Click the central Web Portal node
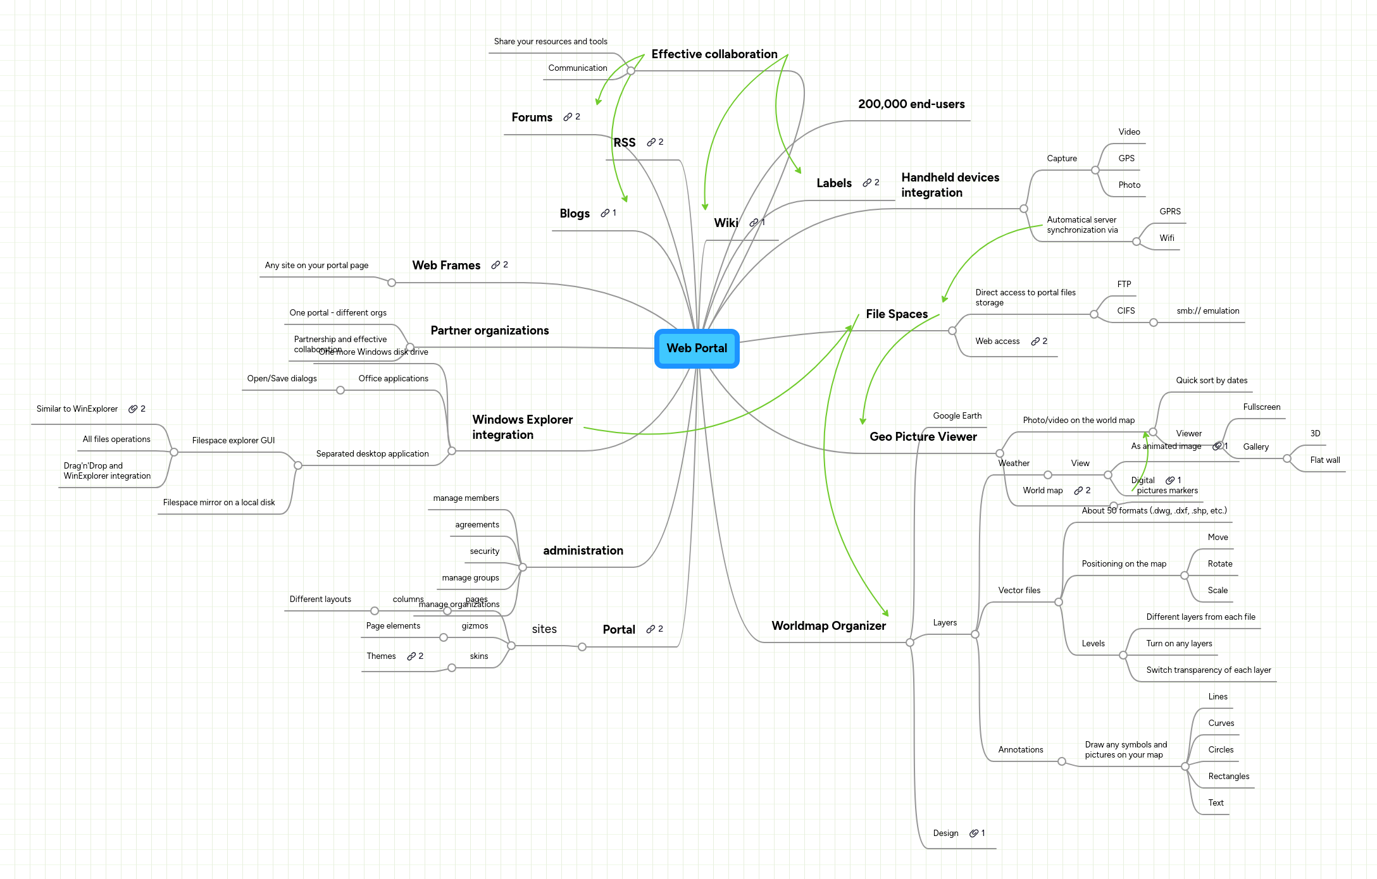pyautogui.click(x=697, y=348)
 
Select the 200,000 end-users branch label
pyautogui.click(x=911, y=104)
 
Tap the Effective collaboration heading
pyautogui.click(x=714, y=54)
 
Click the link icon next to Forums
pyautogui.click(x=568, y=117)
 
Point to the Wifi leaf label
pyautogui.click(x=1166, y=238)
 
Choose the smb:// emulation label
pyautogui.click(x=1207, y=311)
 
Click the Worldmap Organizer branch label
pyautogui.click(x=828, y=625)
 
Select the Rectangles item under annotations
pyautogui.click(x=1228, y=777)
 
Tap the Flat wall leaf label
pyautogui.click(x=1324, y=460)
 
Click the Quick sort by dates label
pyautogui.click(x=1211, y=381)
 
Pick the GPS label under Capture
pyautogui.click(x=1126, y=159)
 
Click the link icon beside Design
pyautogui.click(x=974, y=833)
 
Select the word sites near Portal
pyautogui.click(x=544, y=629)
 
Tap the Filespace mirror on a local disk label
pyautogui.click(x=219, y=503)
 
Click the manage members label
pyautogui.click(x=466, y=498)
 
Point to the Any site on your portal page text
pyautogui.click(x=316, y=266)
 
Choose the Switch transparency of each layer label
pyautogui.click(x=1208, y=670)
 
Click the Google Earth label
pyautogui.click(x=957, y=416)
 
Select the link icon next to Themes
pyautogui.click(x=411, y=656)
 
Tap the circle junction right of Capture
pyautogui.click(x=1095, y=170)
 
